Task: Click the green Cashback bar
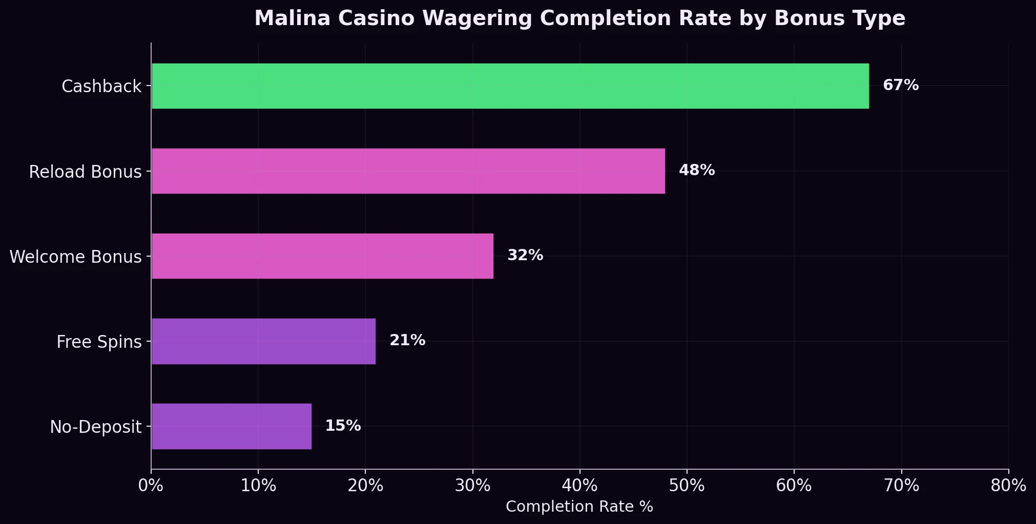[x=510, y=86]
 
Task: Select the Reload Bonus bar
[x=408, y=171]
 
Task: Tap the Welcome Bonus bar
[x=322, y=256]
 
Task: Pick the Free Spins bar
[x=263, y=341]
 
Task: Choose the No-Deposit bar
[x=232, y=426]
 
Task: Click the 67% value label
[x=900, y=86]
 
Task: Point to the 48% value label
[x=696, y=171]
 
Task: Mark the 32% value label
[x=525, y=256]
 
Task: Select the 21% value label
[x=407, y=341]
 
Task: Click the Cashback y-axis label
[x=101, y=87]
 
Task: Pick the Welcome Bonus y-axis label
[x=75, y=257]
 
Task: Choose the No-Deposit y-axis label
[x=96, y=427]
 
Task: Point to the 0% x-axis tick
[x=151, y=486]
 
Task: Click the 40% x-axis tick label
[x=579, y=486]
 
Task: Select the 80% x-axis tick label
[x=1008, y=486]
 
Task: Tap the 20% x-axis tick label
[x=365, y=486]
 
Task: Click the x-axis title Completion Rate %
[x=579, y=507]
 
